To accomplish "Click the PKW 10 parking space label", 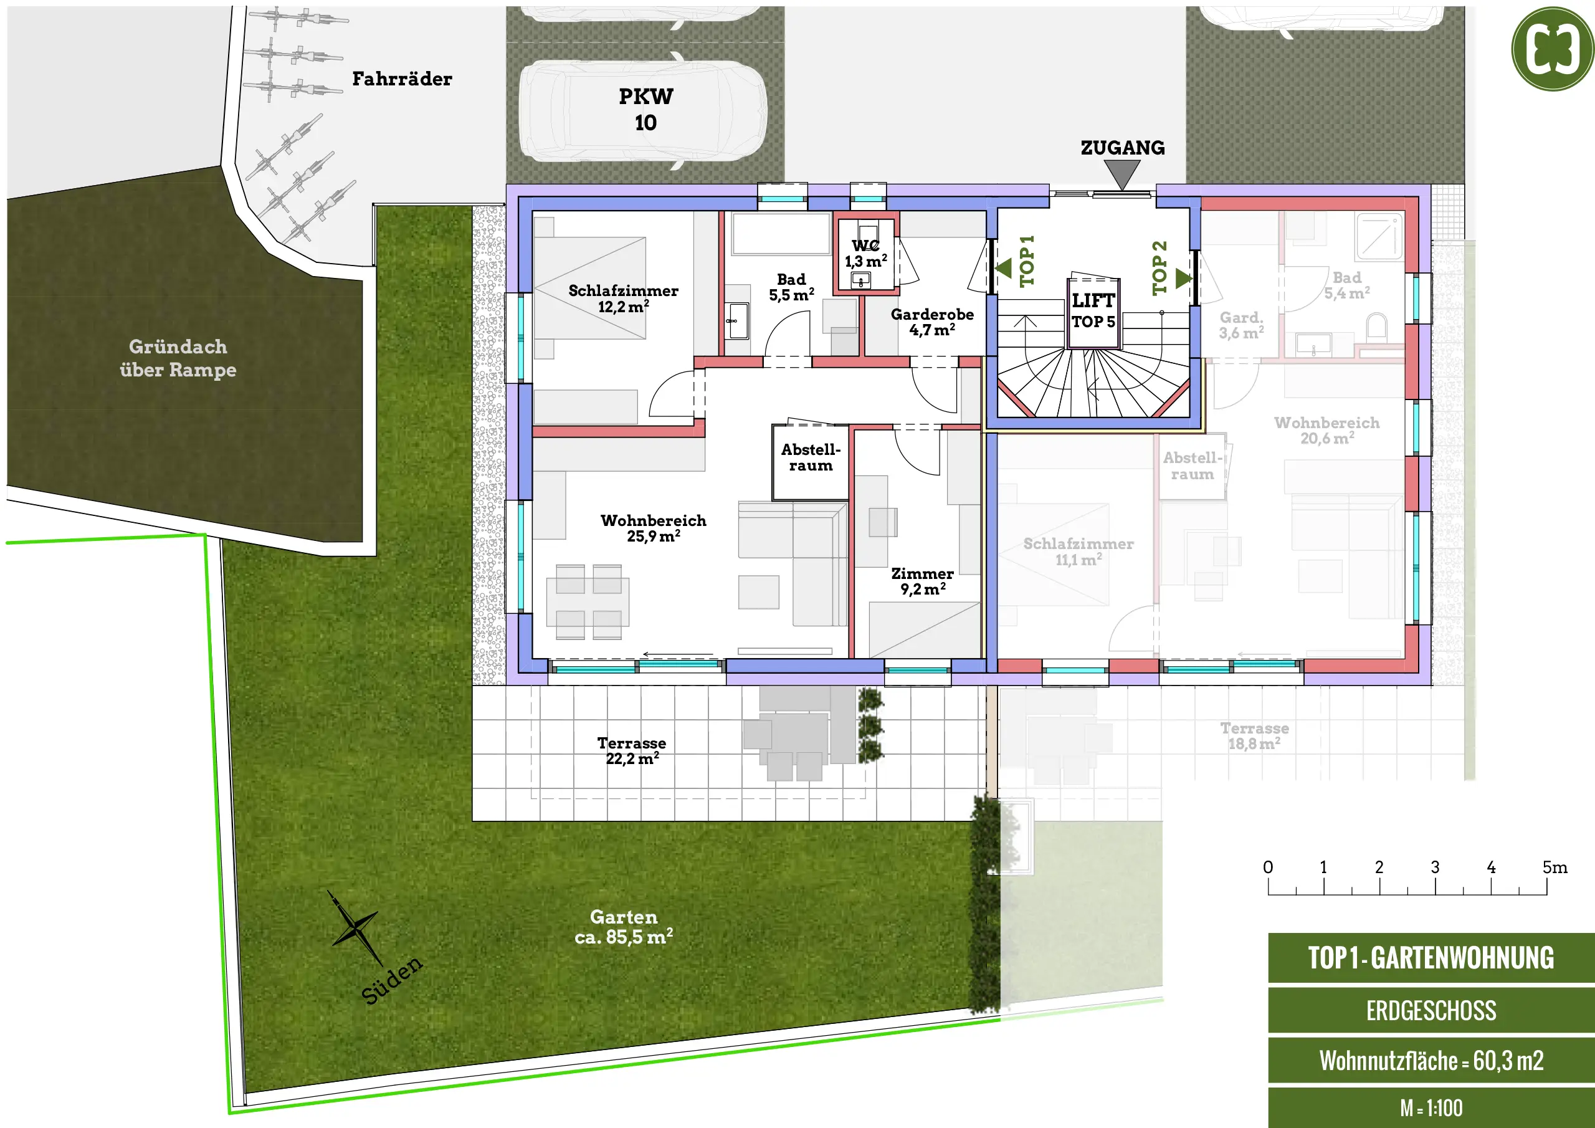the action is (x=645, y=109).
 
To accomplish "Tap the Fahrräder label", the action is (x=401, y=79).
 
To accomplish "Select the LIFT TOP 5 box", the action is (x=1093, y=312).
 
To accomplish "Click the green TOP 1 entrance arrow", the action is (x=1003, y=267).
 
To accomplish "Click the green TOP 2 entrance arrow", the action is (x=1184, y=279).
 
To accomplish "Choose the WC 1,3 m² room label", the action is (x=865, y=254).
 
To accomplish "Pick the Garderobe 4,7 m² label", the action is (x=932, y=322).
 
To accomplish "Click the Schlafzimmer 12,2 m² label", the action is (x=623, y=298).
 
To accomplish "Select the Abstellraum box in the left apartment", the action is (x=811, y=462).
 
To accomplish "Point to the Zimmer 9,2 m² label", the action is (x=923, y=581).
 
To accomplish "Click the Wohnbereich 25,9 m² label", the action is (x=653, y=528).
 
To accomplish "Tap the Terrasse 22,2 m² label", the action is (x=632, y=750).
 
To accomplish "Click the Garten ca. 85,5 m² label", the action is (x=623, y=927).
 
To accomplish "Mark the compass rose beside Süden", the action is (x=355, y=927).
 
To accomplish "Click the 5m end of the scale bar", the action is (x=1546, y=887).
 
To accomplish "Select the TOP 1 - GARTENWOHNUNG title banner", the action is (x=1431, y=957).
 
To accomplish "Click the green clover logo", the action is (x=1553, y=49).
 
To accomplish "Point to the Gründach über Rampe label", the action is (x=178, y=358).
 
